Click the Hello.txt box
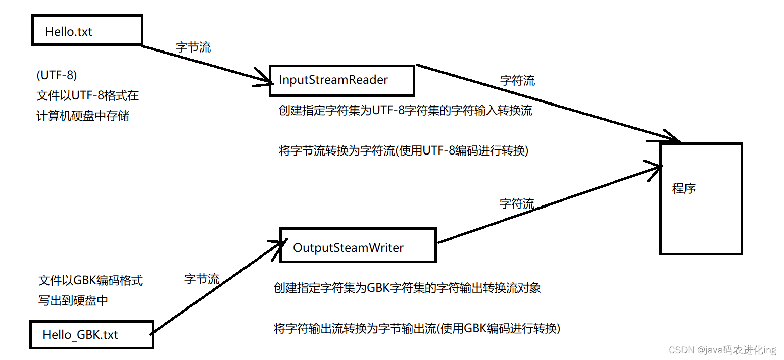(x=87, y=30)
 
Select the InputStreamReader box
(x=341, y=80)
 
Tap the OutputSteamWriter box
(x=358, y=245)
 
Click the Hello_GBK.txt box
(x=91, y=334)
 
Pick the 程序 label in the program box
(x=684, y=189)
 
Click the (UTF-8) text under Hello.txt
(x=57, y=75)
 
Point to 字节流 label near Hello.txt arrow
(x=193, y=47)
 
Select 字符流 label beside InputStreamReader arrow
(x=517, y=80)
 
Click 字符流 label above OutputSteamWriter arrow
(x=517, y=204)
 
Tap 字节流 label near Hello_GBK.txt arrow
(x=202, y=279)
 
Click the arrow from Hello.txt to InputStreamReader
(x=207, y=64)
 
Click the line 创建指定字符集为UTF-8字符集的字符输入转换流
(x=405, y=111)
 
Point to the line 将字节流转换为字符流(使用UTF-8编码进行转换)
(x=403, y=150)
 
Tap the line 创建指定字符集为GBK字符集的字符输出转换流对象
(x=407, y=288)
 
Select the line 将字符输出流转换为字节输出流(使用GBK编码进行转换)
(x=417, y=328)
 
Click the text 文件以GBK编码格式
(x=91, y=281)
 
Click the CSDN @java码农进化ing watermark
(x=722, y=350)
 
